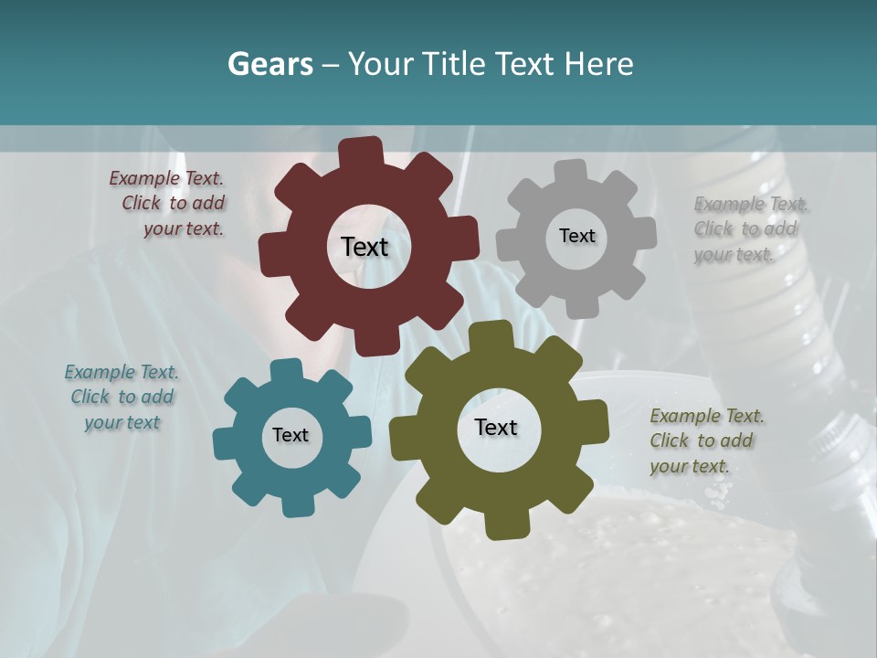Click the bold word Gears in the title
pos(270,64)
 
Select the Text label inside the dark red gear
pos(365,247)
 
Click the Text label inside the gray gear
pos(576,236)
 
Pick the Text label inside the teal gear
pos(291,435)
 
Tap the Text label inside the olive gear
pos(496,427)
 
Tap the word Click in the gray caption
pos(714,228)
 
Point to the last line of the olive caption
pos(690,466)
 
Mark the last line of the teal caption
pos(122,422)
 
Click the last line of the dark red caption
pos(183,228)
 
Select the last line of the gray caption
pos(734,254)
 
